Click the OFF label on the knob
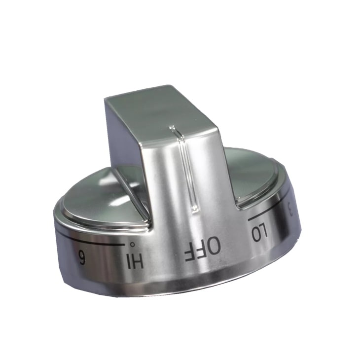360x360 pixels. point(202,249)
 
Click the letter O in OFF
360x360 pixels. point(213,247)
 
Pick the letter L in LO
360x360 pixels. point(255,234)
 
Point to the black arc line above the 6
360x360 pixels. point(94,240)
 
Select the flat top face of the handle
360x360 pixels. point(158,111)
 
